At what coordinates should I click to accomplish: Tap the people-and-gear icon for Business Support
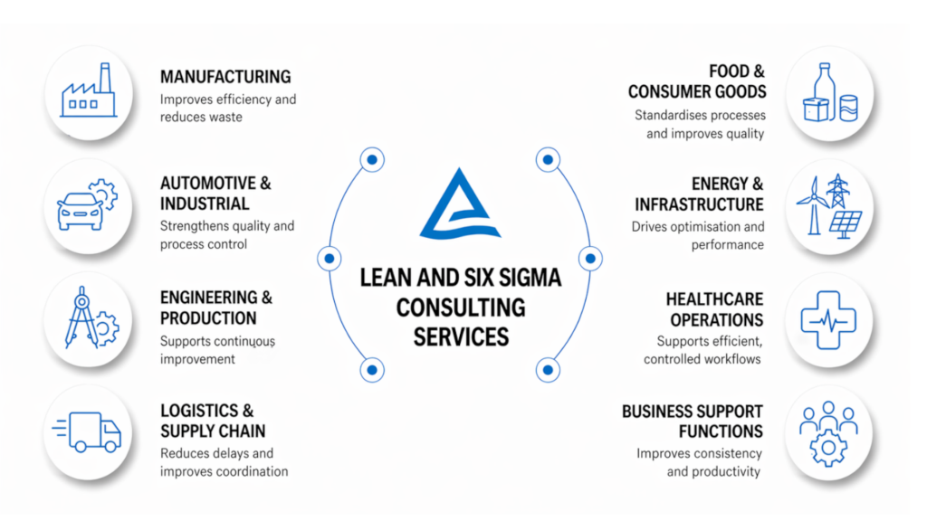coord(829,431)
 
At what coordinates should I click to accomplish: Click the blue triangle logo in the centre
coord(459,204)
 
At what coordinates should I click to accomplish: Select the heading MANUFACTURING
coord(225,77)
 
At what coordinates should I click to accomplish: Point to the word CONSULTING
coord(460,307)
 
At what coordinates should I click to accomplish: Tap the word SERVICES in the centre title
coord(460,336)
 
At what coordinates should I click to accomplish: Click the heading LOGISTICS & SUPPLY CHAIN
coord(214,421)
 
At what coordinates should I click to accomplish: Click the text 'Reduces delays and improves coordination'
coord(224,462)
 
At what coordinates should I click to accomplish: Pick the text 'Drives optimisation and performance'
coord(698,235)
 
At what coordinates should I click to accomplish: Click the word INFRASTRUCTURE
coord(699,204)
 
